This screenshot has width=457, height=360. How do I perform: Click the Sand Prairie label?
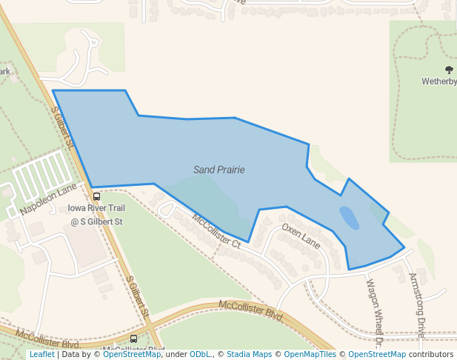(x=219, y=170)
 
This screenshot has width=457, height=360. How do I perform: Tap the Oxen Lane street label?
(x=301, y=237)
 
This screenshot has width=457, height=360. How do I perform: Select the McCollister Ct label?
(x=216, y=230)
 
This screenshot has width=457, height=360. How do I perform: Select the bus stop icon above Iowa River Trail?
(x=97, y=196)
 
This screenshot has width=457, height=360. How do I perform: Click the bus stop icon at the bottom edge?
(x=133, y=339)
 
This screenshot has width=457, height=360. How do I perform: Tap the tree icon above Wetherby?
(x=449, y=70)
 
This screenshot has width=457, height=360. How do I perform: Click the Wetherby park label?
(x=439, y=81)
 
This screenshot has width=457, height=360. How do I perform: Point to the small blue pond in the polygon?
(x=349, y=217)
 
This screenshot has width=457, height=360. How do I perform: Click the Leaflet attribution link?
(x=41, y=355)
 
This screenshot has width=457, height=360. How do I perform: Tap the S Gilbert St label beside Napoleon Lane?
(x=64, y=127)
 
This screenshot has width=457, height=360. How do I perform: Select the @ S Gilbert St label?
(x=96, y=221)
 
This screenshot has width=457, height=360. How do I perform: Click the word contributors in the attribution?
(x=431, y=355)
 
